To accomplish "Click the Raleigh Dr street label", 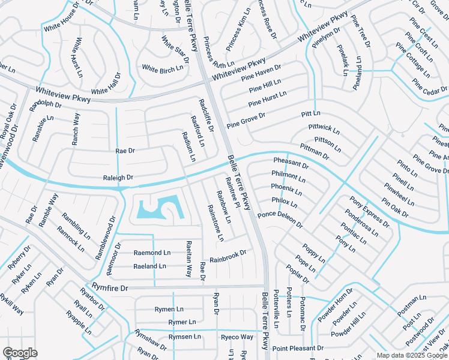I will click(x=118, y=178).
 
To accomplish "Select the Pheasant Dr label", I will click(x=291, y=163).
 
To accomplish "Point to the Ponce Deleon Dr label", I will click(x=280, y=219).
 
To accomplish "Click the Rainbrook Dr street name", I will click(x=228, y=256).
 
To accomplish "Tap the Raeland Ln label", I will click(x=149, y=266).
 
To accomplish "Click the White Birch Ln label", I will click(x=163, y=69).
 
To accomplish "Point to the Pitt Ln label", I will click(x=311, y=113).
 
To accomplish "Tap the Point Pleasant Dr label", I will click(x=298, y=348).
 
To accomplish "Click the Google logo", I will click(x=20, y=353).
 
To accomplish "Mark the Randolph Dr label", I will click(x=46, y=106).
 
